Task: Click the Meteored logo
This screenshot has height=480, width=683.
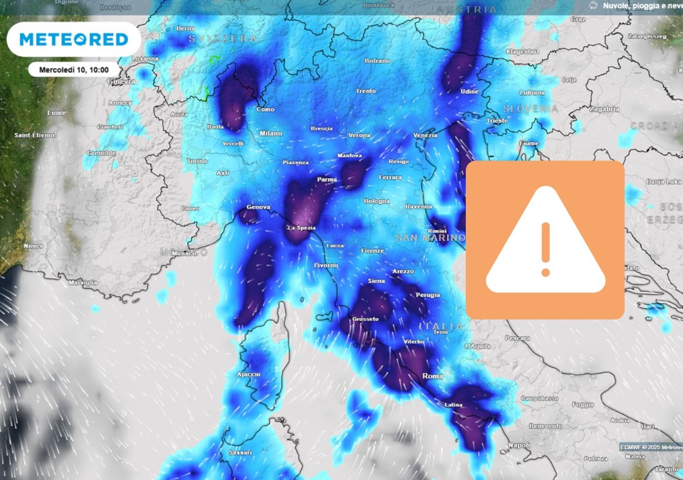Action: click(x=74, y=39)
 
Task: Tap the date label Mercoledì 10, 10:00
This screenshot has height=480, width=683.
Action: click(x=74, y=69)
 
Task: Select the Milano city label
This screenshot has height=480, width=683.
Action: click(x=271, y=133)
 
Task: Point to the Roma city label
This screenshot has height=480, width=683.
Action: click(x=432, y=376)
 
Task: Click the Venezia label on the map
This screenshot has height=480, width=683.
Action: click(x=425, y=135)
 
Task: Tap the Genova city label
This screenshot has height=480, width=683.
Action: click(x=258, y=207)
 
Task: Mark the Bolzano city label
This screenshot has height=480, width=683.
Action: click(x=377, y=61)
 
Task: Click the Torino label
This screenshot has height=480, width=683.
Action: click(x=197, y=161)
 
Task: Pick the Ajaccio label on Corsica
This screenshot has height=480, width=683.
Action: click(x=249, y=374)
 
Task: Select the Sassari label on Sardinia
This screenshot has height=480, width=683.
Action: click(x=240, y=453)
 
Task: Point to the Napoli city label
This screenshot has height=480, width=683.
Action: click(x=519, y=445)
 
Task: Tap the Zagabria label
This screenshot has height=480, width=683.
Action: click(x=604, y=109)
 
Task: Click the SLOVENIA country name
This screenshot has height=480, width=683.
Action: click(x=530, y=109)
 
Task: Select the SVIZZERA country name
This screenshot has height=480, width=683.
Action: click(x=223, y=39)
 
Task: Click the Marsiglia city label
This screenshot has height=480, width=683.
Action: click(x=83, y=282)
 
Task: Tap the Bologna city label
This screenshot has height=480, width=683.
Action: click(x=377, y=201)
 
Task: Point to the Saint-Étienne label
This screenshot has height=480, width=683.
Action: click(x=35, y=135)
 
